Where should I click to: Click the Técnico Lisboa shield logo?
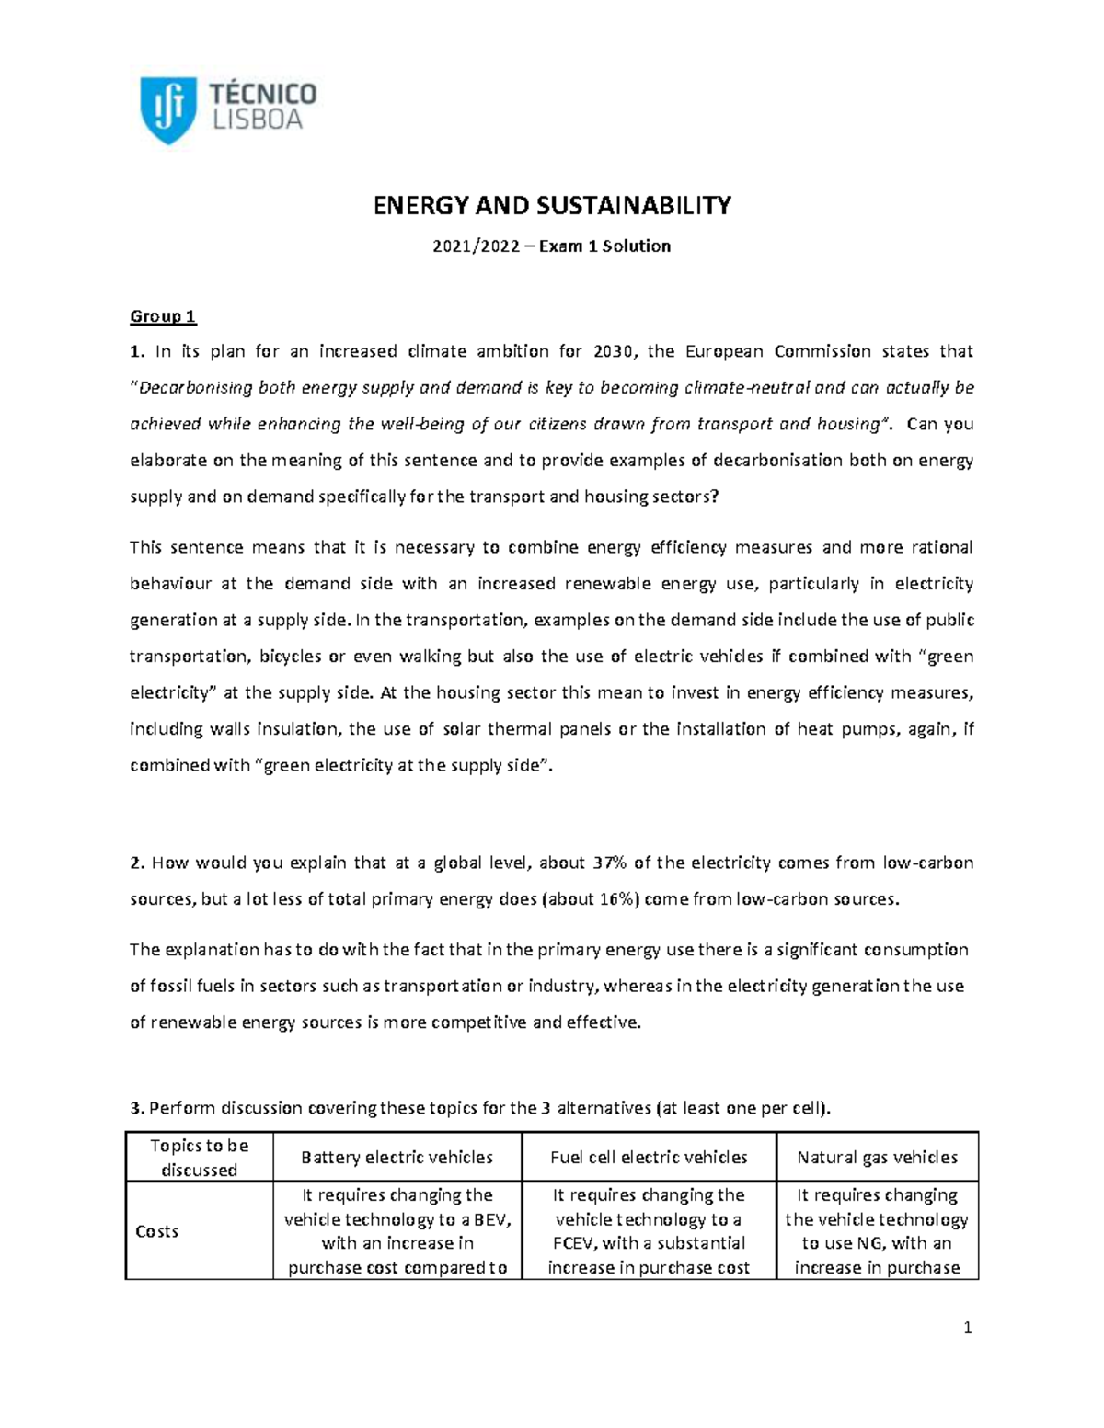tap(167, 109)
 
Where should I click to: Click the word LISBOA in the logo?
tap(257, 120)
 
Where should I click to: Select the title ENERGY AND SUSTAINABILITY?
tap(551, 206)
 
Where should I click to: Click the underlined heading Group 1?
tap(163, 316)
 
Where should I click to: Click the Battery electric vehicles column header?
tap(397, 1158)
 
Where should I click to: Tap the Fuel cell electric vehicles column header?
tap(649, 1158)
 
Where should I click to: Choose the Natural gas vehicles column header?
tap(877, 1158)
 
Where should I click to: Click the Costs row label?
tap(157, 1231)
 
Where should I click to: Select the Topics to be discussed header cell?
tap(199, 1158)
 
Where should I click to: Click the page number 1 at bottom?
tap(967, 1328)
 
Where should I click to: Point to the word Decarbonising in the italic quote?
tap(195, 388)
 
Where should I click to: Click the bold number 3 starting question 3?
tap(135, 1108)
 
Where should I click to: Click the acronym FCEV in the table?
tap(572, 1243)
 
